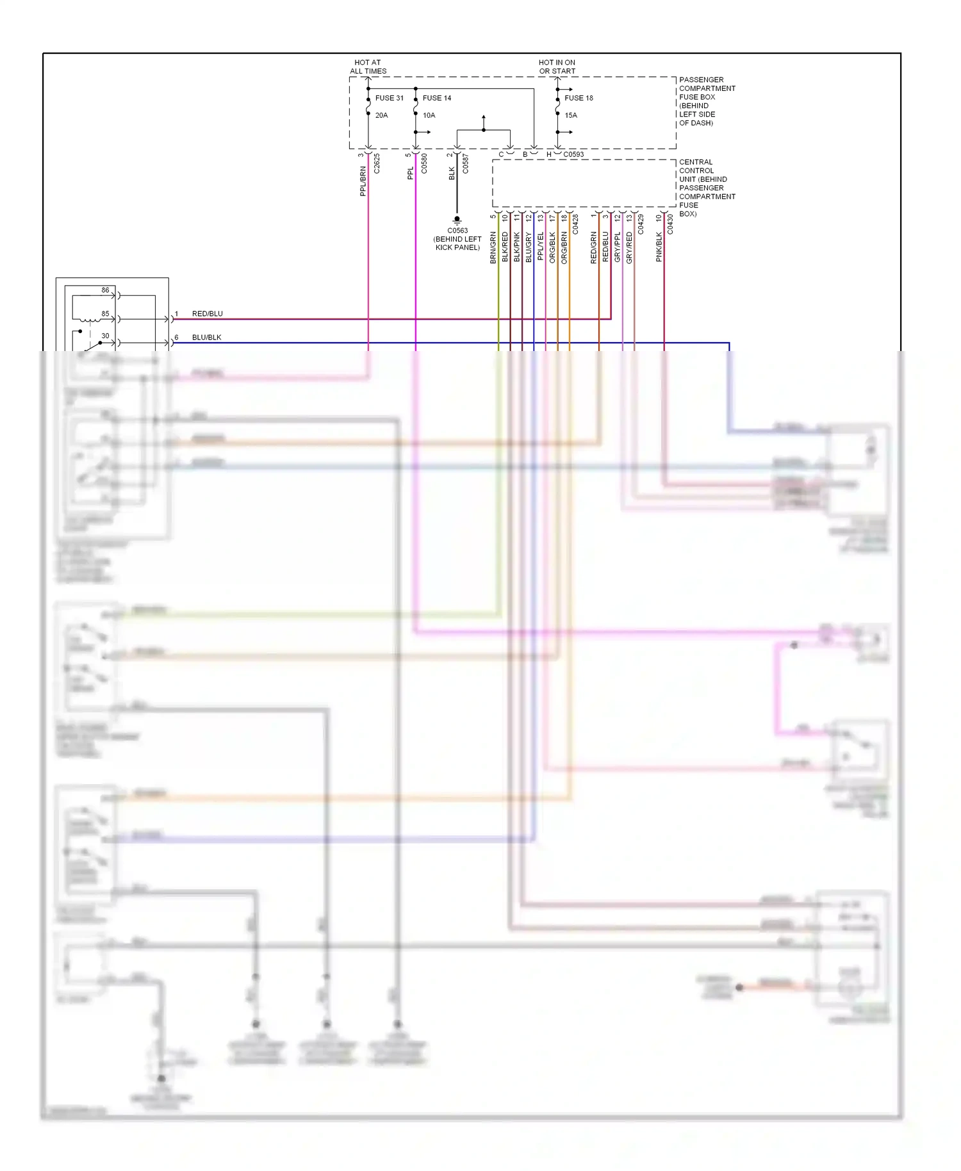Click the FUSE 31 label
tap(389, 98)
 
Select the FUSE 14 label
tap(436, 98)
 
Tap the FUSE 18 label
tap(579, 98)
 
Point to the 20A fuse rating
tap(381, 115)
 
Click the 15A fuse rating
tap(571, 115)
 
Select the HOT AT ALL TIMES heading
tap(368, 67)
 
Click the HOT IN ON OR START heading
tap(557, 67)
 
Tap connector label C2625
tap(377, 163)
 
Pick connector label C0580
tap(424, 163)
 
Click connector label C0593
tap(573, 154)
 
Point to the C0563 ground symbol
tap(457, 220)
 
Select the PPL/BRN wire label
tap(363, 181)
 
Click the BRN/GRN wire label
tap(493, 247)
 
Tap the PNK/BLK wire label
tap(659, 247)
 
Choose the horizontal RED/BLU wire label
tap(207, 314)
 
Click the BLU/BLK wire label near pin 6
tap(206, 338)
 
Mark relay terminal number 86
tap(105, 290)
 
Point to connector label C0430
tap(670, 224)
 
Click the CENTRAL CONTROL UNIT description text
tap(707, 188)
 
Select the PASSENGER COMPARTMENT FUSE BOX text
tap(707, 101)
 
